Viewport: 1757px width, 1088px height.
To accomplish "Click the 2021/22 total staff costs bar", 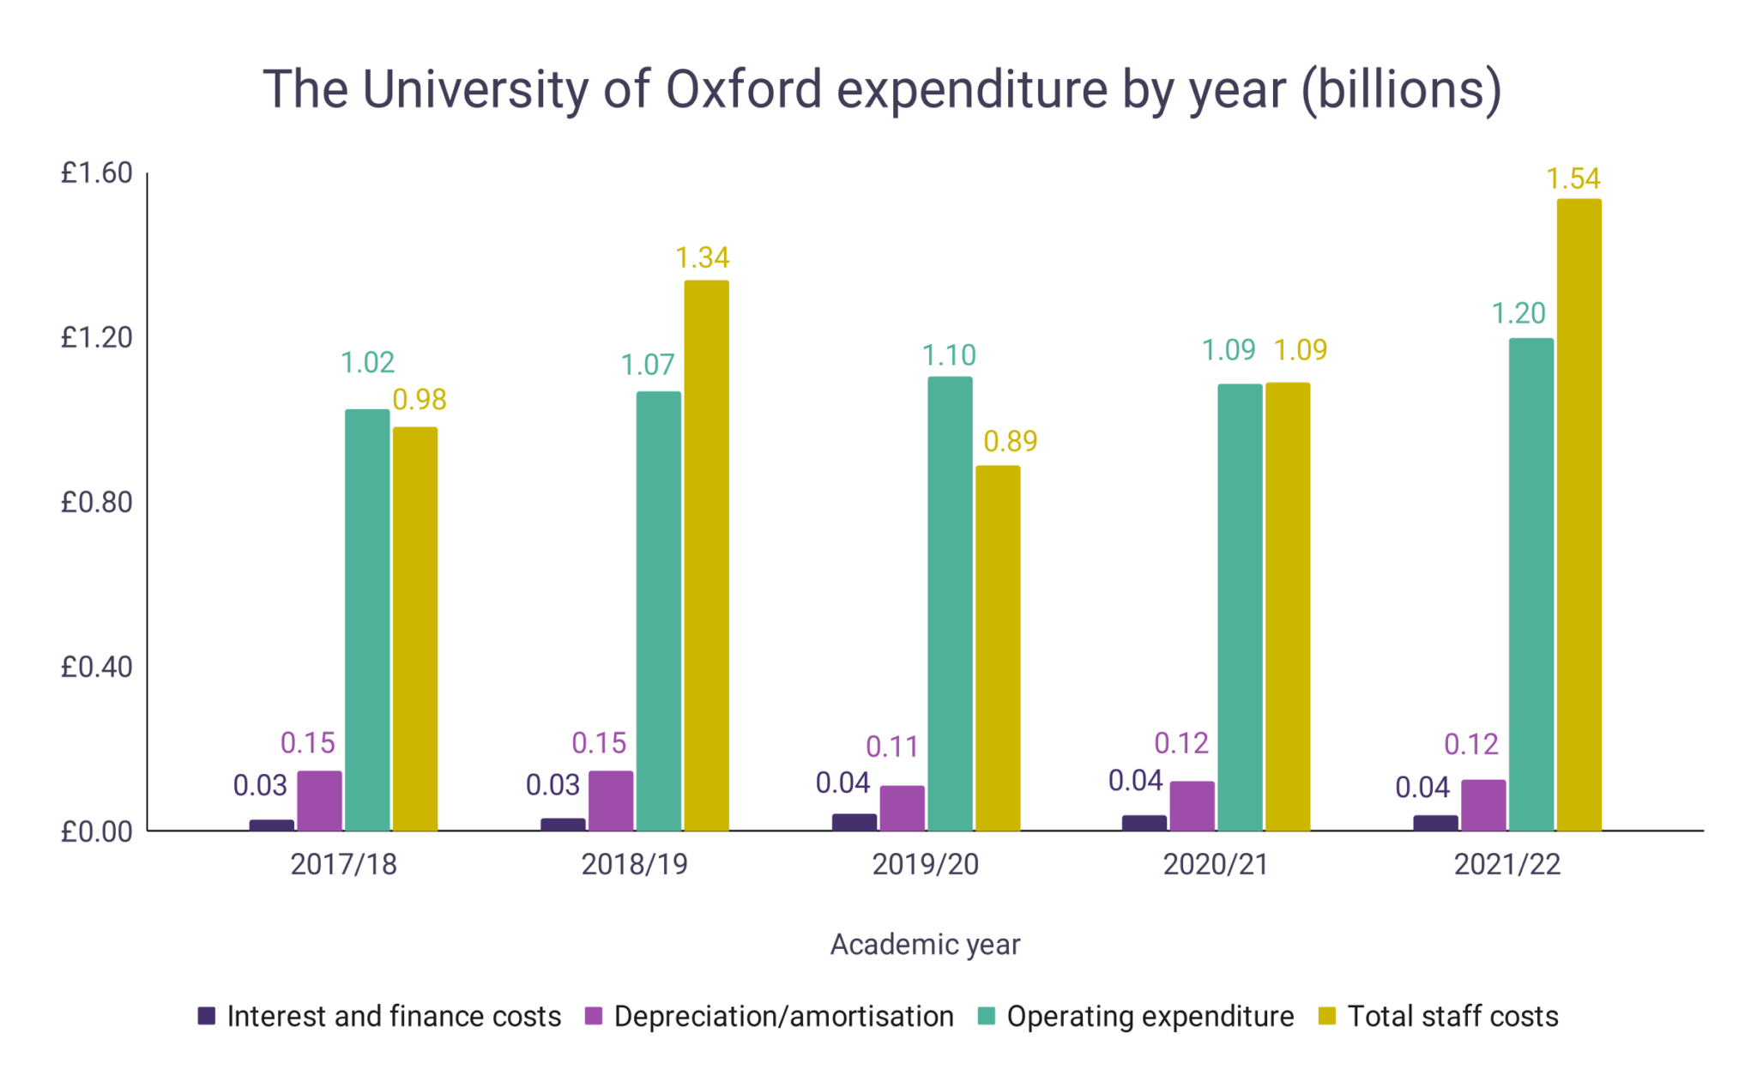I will click(x=1579, y=515).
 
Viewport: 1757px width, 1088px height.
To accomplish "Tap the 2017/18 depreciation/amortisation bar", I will click(x=319, y=801).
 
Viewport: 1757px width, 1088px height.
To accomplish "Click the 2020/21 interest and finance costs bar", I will click(x=1144, y=822).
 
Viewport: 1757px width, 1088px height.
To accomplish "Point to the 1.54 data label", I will click(x=1573, y=178).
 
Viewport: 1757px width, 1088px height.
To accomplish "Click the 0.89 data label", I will click(x=1010, y=441).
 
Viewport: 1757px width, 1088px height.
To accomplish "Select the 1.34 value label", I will click(x=702, y=257).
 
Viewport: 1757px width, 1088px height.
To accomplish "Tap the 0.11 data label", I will click(x=891, y=746).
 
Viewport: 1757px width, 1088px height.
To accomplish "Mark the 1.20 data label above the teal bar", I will click(x=1518, y=313).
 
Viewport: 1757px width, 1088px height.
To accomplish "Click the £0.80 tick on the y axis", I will click(x=96, y=502).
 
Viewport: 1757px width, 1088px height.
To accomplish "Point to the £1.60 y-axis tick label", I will click(x=96, y=173).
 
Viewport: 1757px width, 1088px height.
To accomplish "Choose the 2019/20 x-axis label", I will click(x=925, y=864).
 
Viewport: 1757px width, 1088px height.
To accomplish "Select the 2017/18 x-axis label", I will click(x=343, y=864).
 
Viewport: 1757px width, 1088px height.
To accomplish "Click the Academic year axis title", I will click(x=925, y=944).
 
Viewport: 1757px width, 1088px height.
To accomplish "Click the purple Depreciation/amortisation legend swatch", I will click(x=594, y=1016).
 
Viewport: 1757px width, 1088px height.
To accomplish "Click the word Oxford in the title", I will click(x=744, y=88).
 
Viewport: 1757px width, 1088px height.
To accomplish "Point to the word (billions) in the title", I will click(x=1401, y=88).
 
